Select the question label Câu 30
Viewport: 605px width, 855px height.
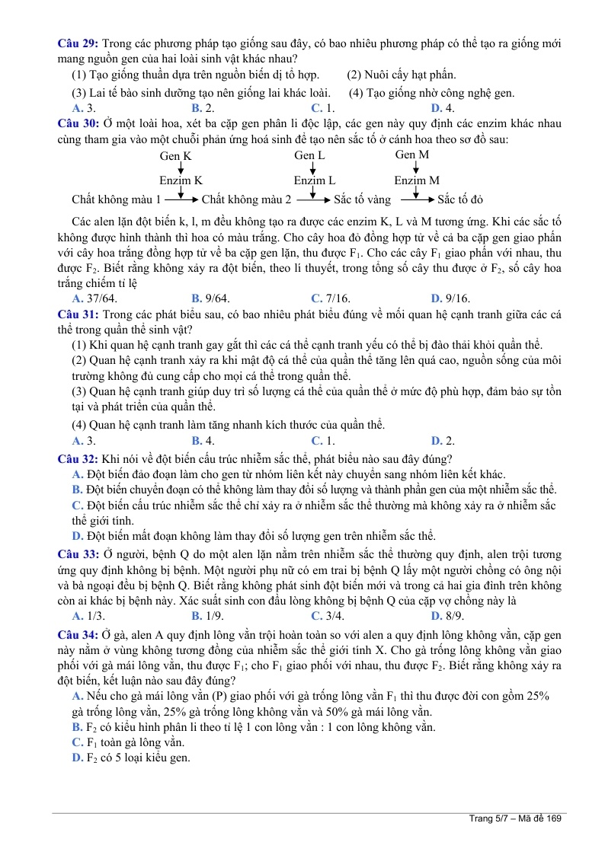[x=78, y=123]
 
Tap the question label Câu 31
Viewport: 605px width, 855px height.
[x=78, y=313]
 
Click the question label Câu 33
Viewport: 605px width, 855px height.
[x=78, y=554]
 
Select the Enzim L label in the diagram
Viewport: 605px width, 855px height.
[x=315, y=180]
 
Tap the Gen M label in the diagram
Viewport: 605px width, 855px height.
[x=412, y=155]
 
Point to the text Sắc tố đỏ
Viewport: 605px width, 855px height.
[x=461, y=200]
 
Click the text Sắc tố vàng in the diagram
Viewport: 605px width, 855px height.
[x=363, y=200]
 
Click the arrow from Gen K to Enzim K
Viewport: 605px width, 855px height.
[x=181, y=167]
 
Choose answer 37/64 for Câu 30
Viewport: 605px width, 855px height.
[x=101, y=298]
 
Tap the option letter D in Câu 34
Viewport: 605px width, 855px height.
[x=76, y=757]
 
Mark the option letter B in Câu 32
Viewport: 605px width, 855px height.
[x=76, y=489]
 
